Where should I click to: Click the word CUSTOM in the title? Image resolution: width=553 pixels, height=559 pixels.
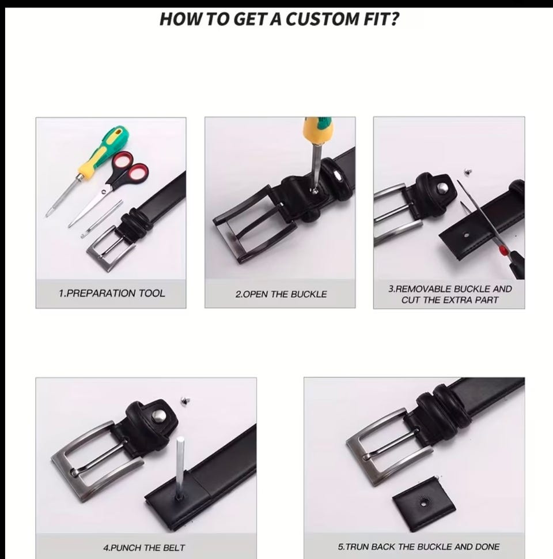click(x=322, y=19)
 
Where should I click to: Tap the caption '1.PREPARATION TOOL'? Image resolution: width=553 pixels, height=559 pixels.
click(x=112, y=294)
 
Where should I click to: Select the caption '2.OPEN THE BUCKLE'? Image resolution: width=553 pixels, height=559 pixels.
click(x=281, y=294)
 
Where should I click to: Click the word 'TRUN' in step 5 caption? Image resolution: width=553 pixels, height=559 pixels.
click(x=357, y=546)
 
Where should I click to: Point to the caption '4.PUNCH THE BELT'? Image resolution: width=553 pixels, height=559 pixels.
click(x=144, y=547)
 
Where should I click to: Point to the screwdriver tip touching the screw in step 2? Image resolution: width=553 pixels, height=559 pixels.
click(x=315, y=190)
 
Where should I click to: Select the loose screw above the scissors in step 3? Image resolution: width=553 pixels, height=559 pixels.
click(x=468, y=172)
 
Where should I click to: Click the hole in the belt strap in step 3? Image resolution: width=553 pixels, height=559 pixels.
click(x=466, y=235)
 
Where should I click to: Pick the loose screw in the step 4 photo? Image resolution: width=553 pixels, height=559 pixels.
click(x=185, y=400)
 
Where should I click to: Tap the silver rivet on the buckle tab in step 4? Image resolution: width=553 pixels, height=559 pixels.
click(x=158, y=415)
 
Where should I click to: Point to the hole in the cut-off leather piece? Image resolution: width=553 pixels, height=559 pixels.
click(x=423, y=503)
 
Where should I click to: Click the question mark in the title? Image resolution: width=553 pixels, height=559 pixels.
click(x=395, y=19)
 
